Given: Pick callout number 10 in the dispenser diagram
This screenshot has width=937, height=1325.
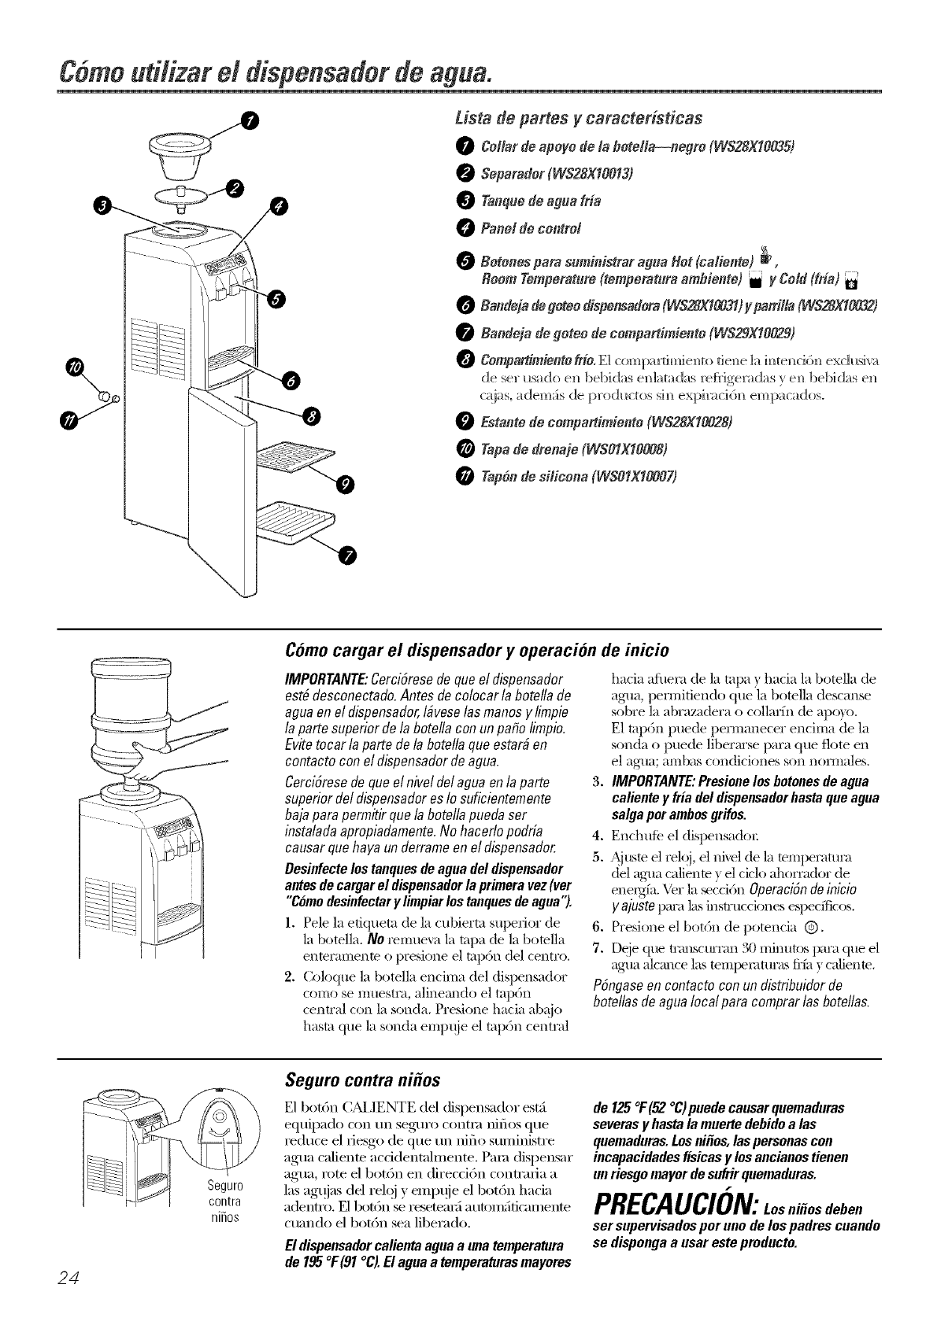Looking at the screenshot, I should coord(74,367).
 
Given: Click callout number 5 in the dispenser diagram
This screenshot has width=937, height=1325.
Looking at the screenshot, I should coord(278,299).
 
